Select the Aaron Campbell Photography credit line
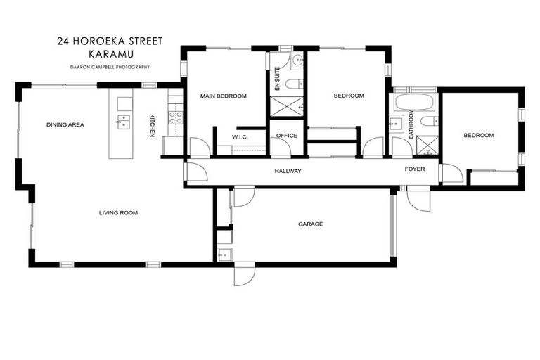click(109, 67)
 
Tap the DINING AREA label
click(65, 125)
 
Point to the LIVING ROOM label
click(118, 212)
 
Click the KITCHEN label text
click(152, 125)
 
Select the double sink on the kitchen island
click(123, 125)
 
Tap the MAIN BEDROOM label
click(223, 96)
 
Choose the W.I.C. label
click(240, 136)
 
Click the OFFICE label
click(287, 136)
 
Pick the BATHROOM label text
click(411, 127)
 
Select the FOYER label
click(414, 169)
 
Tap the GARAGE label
click(310, 224)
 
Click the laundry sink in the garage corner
click(224, 255)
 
